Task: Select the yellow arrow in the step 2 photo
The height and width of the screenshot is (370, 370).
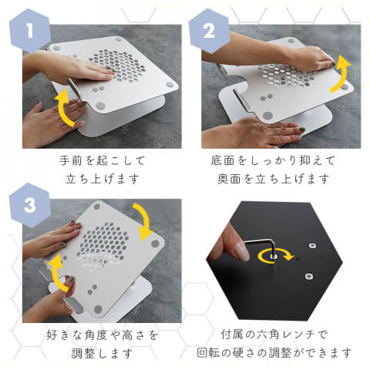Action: tap(340, 74)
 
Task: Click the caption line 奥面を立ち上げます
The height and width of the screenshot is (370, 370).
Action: tap(274, 179)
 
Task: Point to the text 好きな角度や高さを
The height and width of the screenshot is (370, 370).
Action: tap(96, 336)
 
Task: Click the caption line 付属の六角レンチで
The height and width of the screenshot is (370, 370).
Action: tap(274, 336)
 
